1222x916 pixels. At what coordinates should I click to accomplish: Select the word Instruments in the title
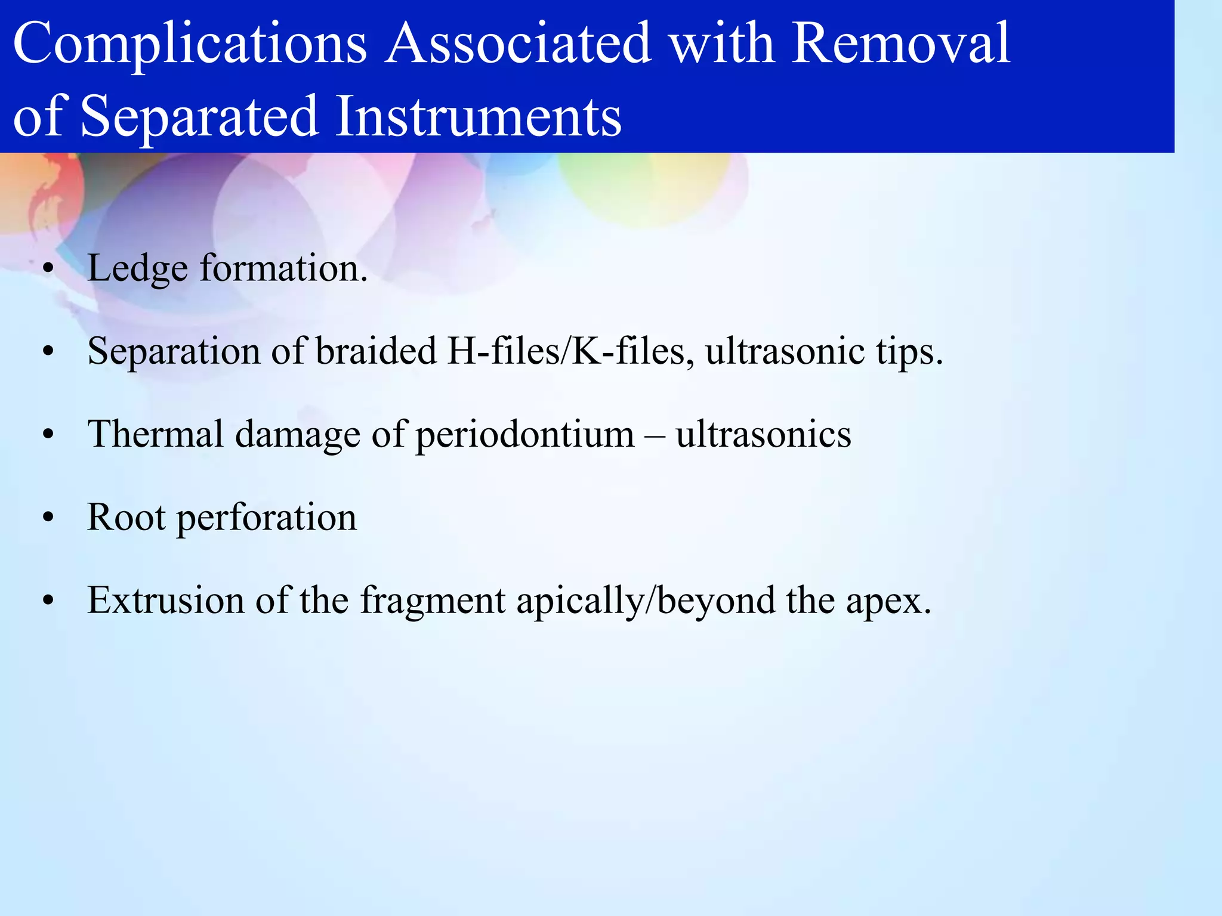click(x=478, y=116)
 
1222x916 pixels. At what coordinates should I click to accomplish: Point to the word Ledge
click(x=138, y=268)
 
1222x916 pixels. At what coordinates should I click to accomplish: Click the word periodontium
click(x=524, y=435)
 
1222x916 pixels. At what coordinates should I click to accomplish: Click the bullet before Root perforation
click(x=48, y=518)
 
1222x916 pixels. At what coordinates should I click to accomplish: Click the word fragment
click(x=433, y=601)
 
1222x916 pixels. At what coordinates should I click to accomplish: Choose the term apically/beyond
click(x=646, y=601)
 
